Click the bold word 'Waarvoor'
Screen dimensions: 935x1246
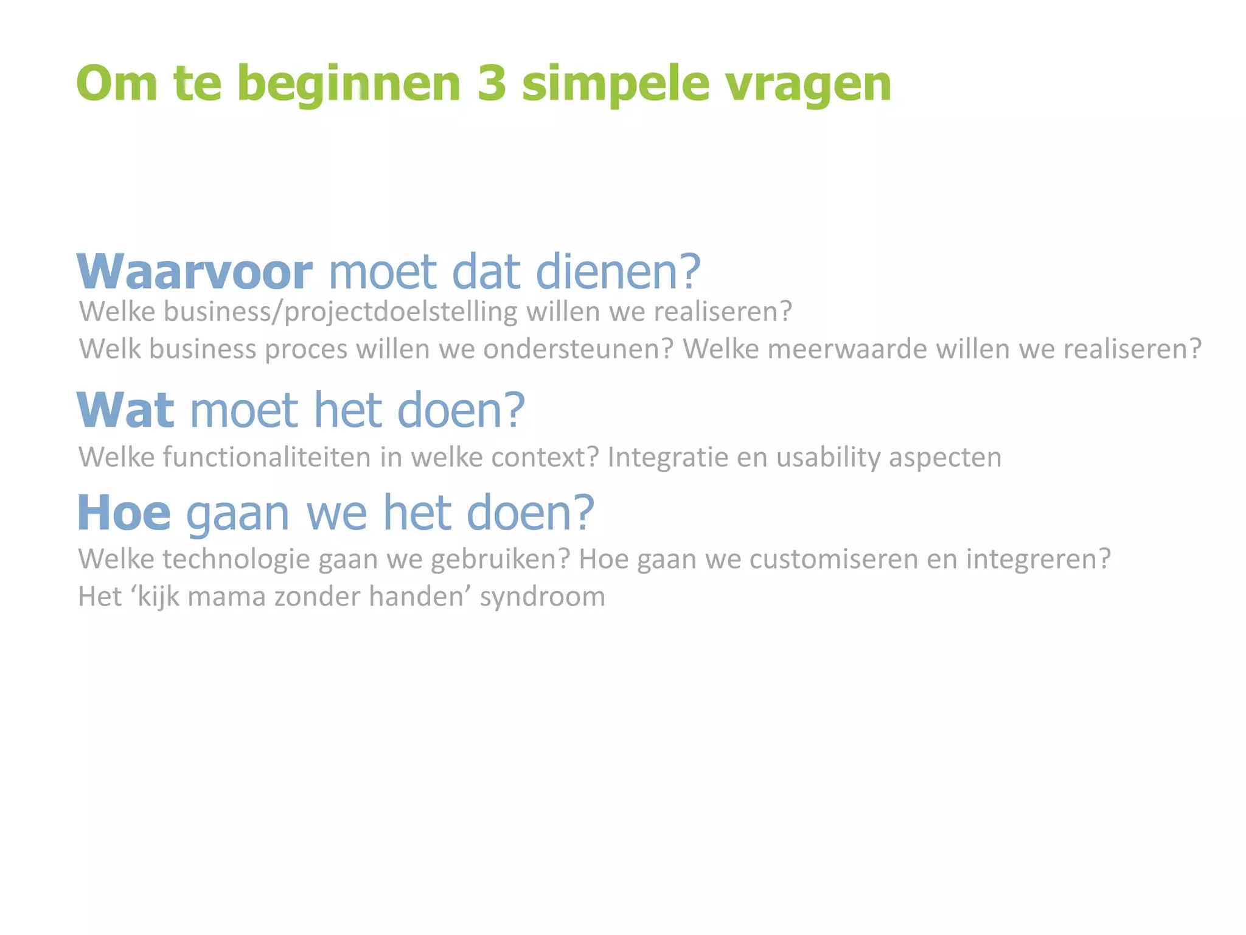(x=195, y=271)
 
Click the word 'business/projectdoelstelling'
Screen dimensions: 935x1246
(x=340, y=312)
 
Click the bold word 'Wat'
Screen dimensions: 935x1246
(x=125, y=410)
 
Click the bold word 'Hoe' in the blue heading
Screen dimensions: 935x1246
(x=124, y=513)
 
